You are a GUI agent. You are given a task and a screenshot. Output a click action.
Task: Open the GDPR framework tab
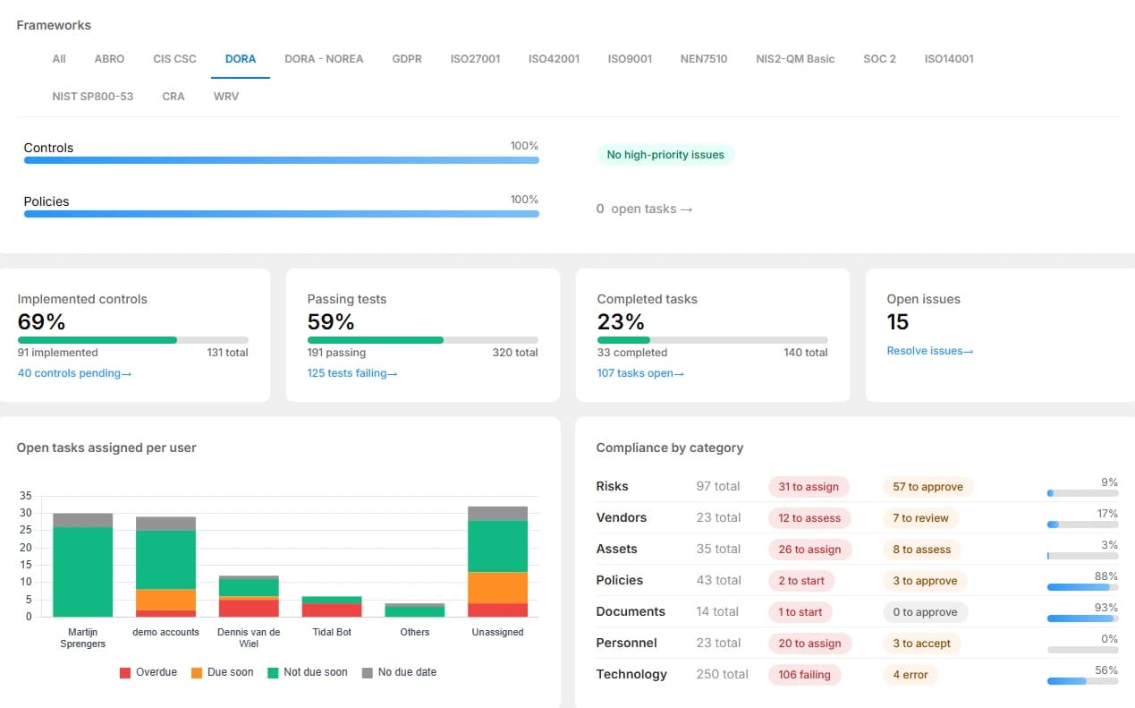[x=406, y=59]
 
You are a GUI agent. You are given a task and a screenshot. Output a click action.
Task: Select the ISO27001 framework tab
[x=475, y=59]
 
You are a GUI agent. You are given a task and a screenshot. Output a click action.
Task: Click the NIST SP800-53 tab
[x=93, y=97]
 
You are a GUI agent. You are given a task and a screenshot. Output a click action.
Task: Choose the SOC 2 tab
[x=879, y=59]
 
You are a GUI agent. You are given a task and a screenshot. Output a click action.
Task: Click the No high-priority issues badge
[x=665, y=155]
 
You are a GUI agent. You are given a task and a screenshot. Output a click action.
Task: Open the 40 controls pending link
[x=74, y=373]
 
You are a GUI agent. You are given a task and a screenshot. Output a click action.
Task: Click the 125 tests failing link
[x=352, y=373]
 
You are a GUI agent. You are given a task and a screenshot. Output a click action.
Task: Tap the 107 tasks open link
[x=640, y=373]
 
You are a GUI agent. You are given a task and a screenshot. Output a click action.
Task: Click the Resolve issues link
[x=930, y=351]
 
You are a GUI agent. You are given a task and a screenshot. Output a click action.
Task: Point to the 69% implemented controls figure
[x=41, y=321]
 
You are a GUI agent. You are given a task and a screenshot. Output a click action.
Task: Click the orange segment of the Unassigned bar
[x=497, y=588]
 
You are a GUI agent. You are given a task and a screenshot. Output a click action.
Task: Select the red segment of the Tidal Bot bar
[x=332, y=610]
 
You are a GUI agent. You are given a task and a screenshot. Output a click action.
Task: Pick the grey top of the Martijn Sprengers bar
[x=82, y=520]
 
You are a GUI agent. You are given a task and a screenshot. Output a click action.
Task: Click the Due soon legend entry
[x=222, y=672]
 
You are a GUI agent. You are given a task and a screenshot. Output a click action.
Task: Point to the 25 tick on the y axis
[x=25, y=530]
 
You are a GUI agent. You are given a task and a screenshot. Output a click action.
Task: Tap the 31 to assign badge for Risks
[x=809, y=487]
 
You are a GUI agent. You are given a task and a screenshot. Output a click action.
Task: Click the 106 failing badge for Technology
[x=805, y=675]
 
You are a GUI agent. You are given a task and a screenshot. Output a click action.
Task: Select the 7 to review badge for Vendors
[x=920, y=518]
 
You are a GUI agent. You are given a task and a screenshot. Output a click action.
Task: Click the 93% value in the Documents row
[x=1105, y=608]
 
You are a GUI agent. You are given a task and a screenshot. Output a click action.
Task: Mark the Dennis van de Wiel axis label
[x=249, y=638]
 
